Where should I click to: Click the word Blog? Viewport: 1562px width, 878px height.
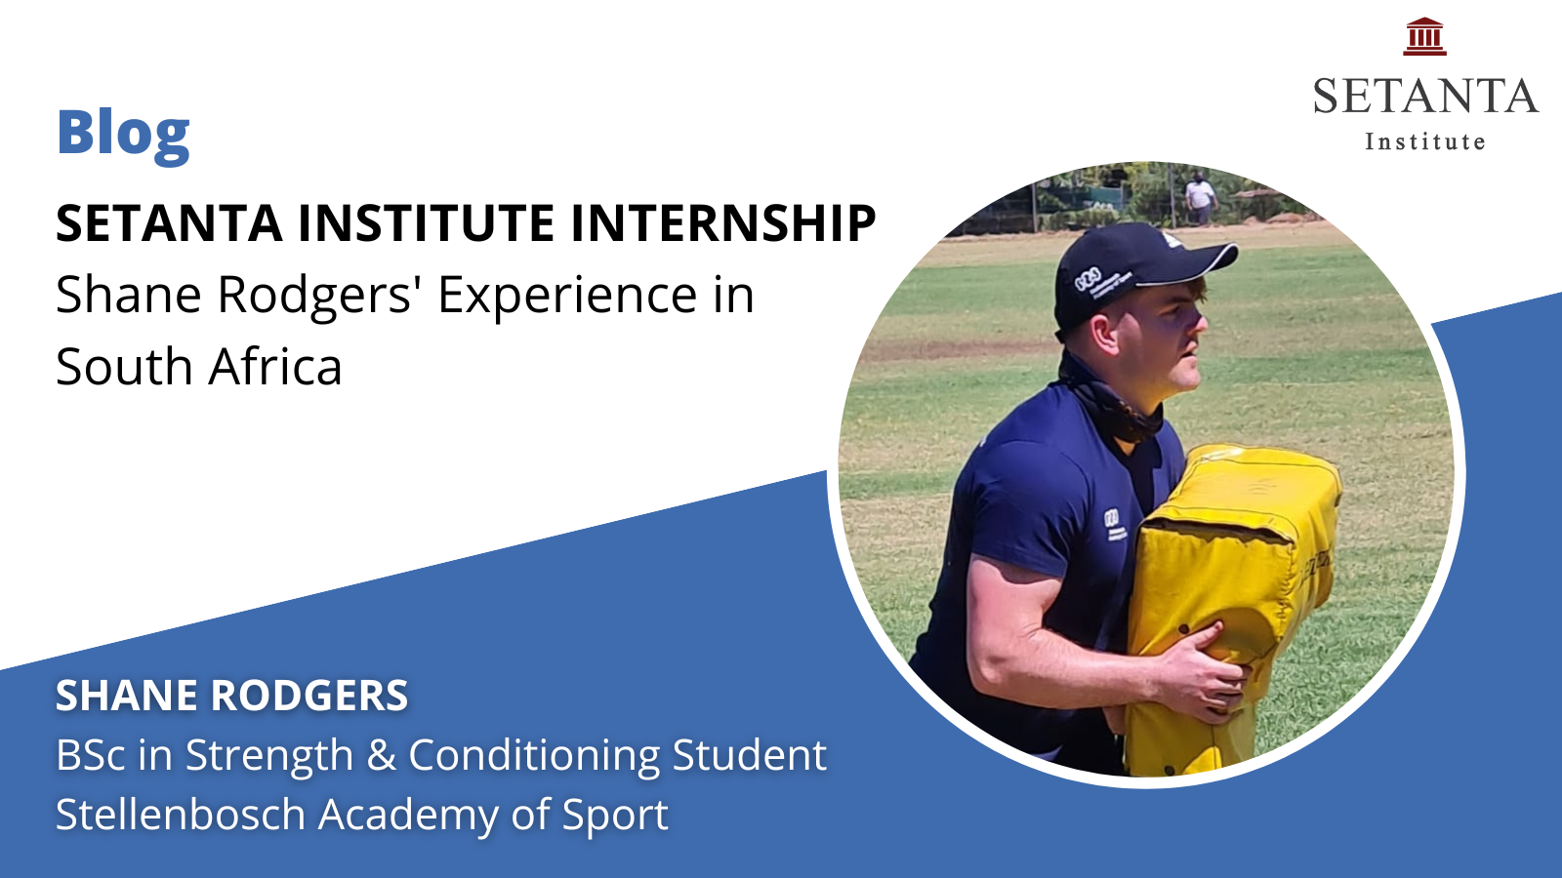click(123, 135)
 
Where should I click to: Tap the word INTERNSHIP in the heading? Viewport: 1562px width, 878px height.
click(723, 223)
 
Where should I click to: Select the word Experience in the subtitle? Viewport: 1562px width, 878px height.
click(566, 297)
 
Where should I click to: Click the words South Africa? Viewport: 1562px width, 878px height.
click(199, 367)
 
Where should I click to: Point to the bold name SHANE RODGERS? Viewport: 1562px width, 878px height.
click(231, 695)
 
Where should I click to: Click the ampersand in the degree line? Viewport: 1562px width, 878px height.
click(382, 755)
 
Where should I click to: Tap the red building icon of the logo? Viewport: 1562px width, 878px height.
click(1424, 36)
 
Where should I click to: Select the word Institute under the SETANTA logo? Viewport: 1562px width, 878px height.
click(1424, 141)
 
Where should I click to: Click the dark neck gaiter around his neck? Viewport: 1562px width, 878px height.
click(1109, 401)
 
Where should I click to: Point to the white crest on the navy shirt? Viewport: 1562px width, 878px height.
click(1114, 524)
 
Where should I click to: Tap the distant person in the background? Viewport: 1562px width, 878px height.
click(1200, 197)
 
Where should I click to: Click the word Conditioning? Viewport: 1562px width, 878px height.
click(533, 756)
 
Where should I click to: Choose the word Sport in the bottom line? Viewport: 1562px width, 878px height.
click(615, 816)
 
